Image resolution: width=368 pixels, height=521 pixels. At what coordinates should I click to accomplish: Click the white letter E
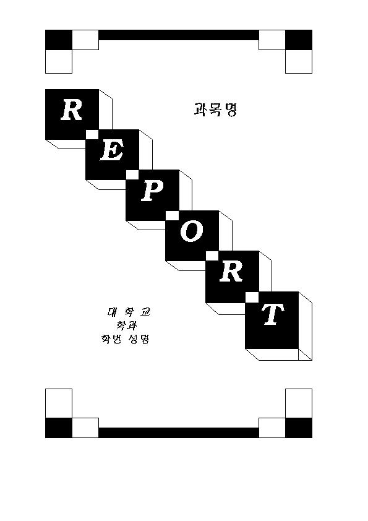tap(112, 150)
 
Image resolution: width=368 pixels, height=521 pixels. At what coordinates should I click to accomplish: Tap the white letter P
tap(152, 191)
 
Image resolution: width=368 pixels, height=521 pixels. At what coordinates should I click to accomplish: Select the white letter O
tap(192, 231)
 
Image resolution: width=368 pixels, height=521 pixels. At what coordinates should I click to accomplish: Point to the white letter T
tap(273, 314)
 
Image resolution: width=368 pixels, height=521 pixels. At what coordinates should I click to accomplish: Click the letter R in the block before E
tap(71, 110)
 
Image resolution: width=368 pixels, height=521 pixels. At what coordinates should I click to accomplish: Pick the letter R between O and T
tap(231, 272)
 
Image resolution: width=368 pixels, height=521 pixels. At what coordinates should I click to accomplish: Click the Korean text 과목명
tap(215, 110)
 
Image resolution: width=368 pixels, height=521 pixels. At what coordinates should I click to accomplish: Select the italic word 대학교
tap(129, 312)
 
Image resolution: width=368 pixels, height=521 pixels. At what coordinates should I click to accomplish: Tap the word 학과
tap(127, 325)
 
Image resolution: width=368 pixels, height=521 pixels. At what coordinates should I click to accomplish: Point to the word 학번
tap(111, 339)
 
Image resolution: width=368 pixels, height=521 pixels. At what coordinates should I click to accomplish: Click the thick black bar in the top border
tap(179, 35)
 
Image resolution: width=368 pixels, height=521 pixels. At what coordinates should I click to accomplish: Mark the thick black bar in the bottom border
tap(179, 433)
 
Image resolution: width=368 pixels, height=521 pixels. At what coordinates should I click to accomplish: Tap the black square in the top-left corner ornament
tap(59, 40)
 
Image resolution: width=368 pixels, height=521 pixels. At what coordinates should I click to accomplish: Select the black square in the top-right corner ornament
tap(299, 40)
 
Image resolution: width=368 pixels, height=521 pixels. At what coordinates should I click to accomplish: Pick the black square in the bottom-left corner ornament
tap(59, 428)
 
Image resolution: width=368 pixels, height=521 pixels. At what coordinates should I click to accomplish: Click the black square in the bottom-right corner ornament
tap(299, 428)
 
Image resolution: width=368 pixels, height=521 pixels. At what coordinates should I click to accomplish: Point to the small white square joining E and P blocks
tap(132, 174)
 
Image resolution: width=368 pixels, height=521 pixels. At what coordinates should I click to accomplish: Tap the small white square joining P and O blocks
tap(172, 216)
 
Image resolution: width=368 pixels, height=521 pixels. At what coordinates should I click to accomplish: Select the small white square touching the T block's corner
tap(252, 297)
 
